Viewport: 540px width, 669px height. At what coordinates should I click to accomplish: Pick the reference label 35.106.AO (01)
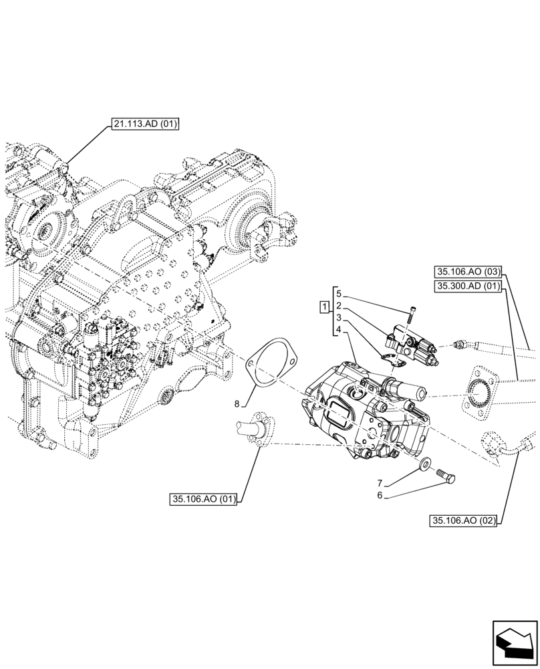205,498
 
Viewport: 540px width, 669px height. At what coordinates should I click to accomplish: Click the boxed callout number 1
324,307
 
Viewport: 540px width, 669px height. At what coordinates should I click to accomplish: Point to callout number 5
339,294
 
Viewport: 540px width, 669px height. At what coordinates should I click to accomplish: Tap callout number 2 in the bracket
339,306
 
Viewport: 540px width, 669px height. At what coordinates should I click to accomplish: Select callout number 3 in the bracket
339,318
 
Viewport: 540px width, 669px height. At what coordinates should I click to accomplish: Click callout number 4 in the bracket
339,330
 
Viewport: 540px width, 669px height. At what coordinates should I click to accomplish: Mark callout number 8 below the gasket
236,403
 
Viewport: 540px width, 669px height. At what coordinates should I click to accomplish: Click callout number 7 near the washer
378,482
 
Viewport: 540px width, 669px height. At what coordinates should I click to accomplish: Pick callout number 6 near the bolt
378,495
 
